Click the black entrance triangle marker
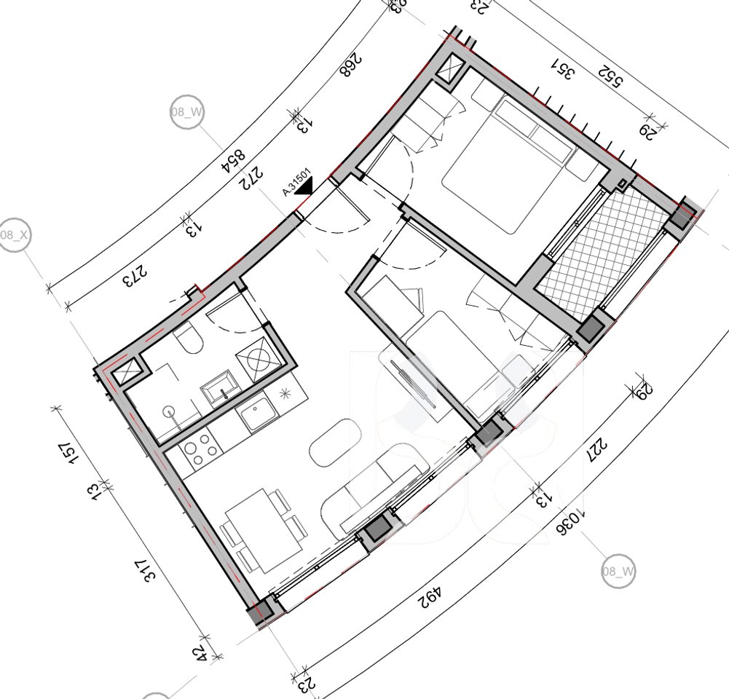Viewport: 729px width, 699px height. click(x=304, y=187)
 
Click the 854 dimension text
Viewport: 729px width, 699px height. click(x=235, y=159)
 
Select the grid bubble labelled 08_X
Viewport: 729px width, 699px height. click(x=15, y=235)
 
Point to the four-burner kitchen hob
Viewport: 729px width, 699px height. click(x=199, y=444)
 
